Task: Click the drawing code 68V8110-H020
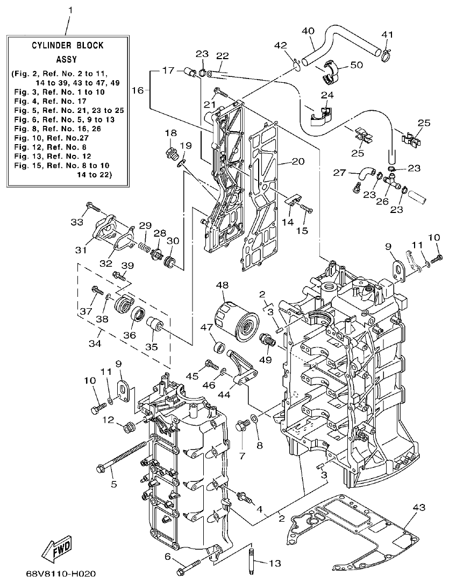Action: (x=63, y=574)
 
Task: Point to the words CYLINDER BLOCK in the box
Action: (x=67, y=46)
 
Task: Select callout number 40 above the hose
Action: (x=308, y=31)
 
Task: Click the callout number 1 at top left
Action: (x=69, y=10)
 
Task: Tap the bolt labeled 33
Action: (x=92, y=207)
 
